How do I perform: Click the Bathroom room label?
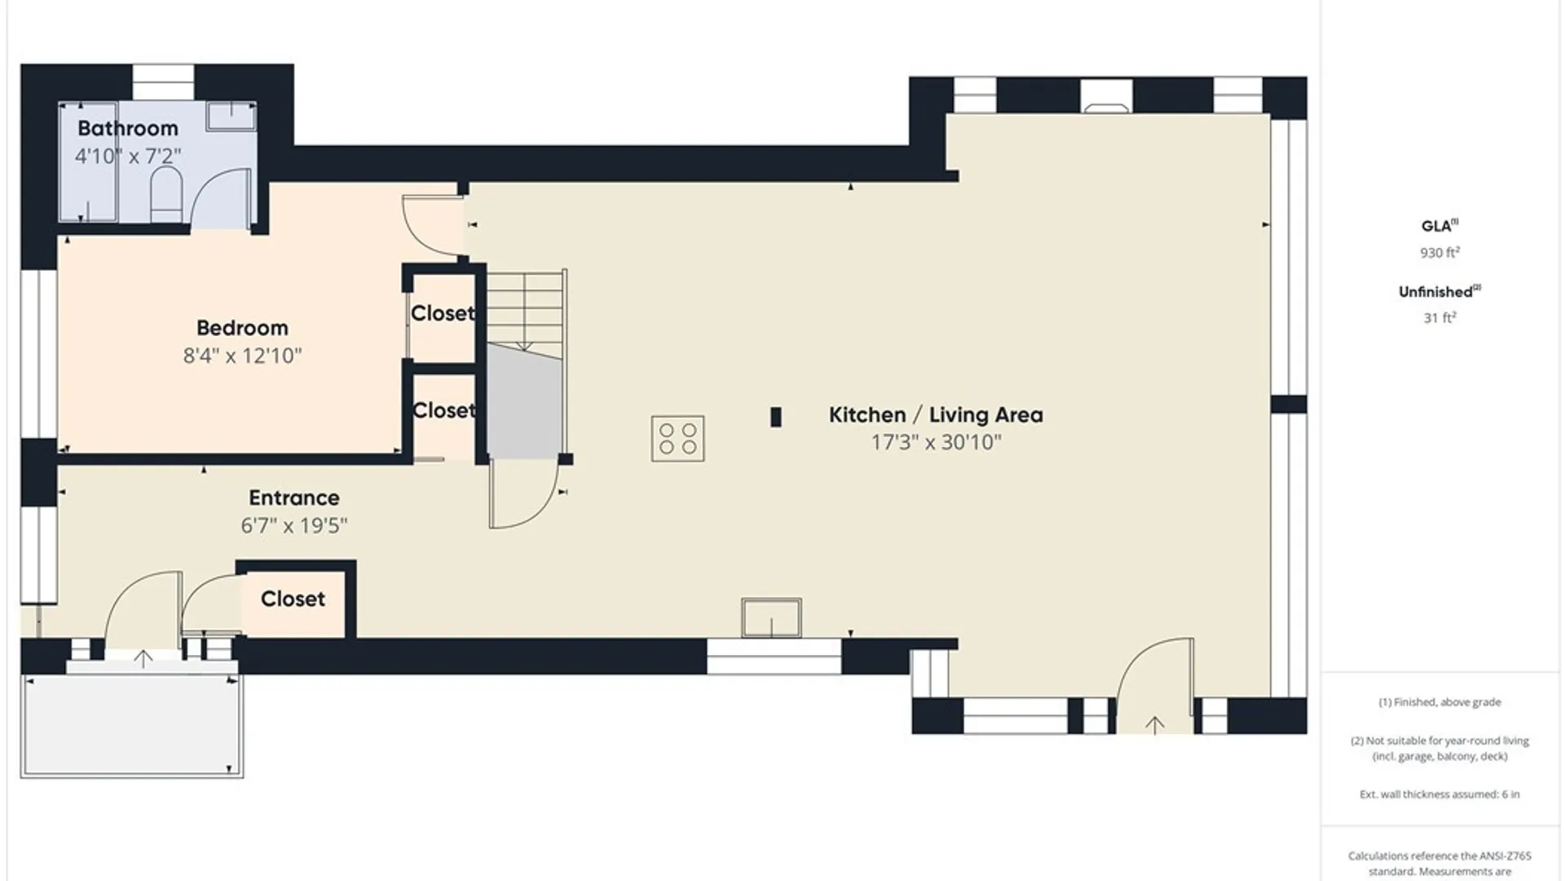point(128,128)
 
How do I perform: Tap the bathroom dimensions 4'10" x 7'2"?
point(128,155)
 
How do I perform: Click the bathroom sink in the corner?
point(231,116)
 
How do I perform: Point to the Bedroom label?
point(242,328)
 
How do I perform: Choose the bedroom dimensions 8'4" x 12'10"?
point(242,355)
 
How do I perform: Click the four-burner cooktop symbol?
point(677,439)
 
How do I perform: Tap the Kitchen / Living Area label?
point(936,414)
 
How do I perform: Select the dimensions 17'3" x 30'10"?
point(936,442)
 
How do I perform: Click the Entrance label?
point(294,498)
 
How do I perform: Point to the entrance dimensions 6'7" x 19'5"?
point(294,525)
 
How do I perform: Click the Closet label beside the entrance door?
point(293,599)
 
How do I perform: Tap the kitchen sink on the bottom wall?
point(771,618)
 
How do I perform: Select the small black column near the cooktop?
point(776,417)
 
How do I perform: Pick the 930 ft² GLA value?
point(1439,253)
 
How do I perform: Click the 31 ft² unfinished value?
point(1439,318)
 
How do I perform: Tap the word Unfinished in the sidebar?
point(1435,292)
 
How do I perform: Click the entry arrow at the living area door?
point(1155,724)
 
